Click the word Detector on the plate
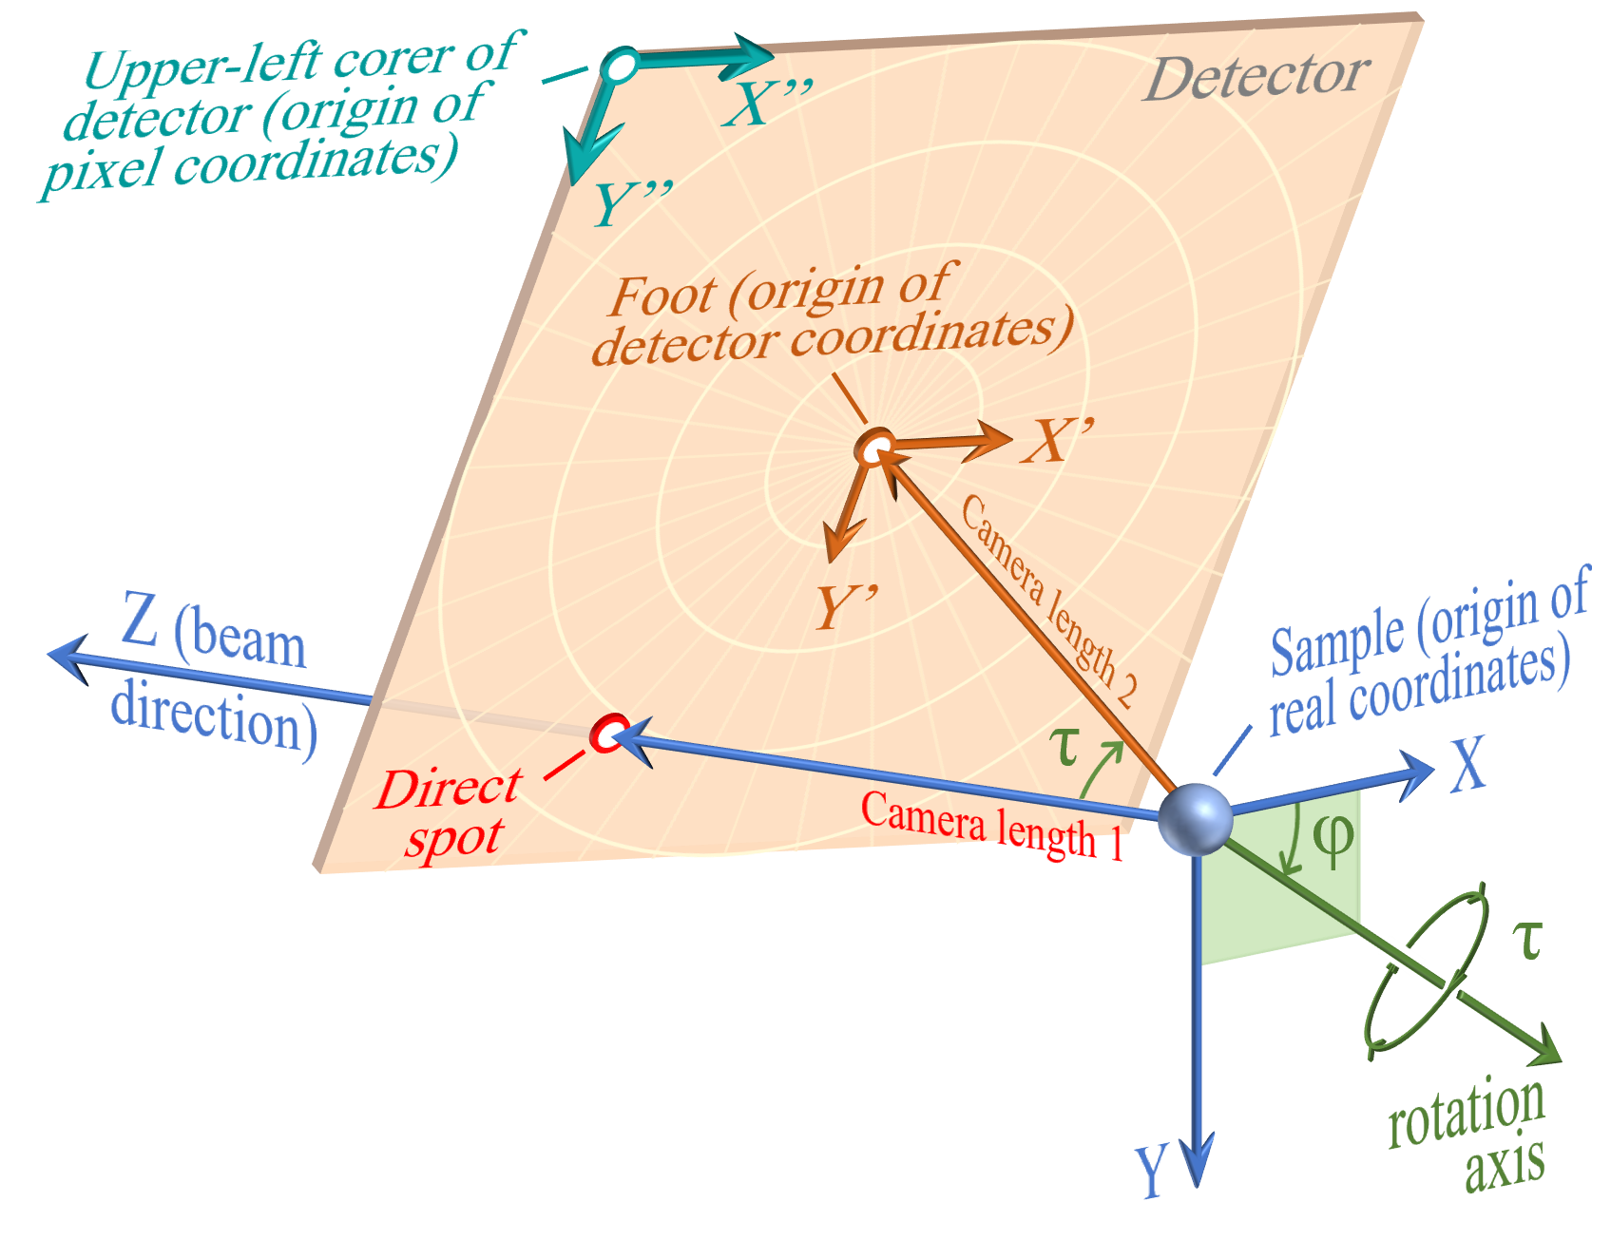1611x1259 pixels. pos(1256,76)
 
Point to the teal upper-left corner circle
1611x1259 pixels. pos(620,66)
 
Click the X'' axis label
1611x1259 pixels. pos(768,103)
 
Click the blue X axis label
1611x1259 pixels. pos(1467,765)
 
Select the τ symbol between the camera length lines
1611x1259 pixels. pos(1065,747)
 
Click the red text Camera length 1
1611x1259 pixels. pos(992,826)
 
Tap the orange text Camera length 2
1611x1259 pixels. pos(1049,601)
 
